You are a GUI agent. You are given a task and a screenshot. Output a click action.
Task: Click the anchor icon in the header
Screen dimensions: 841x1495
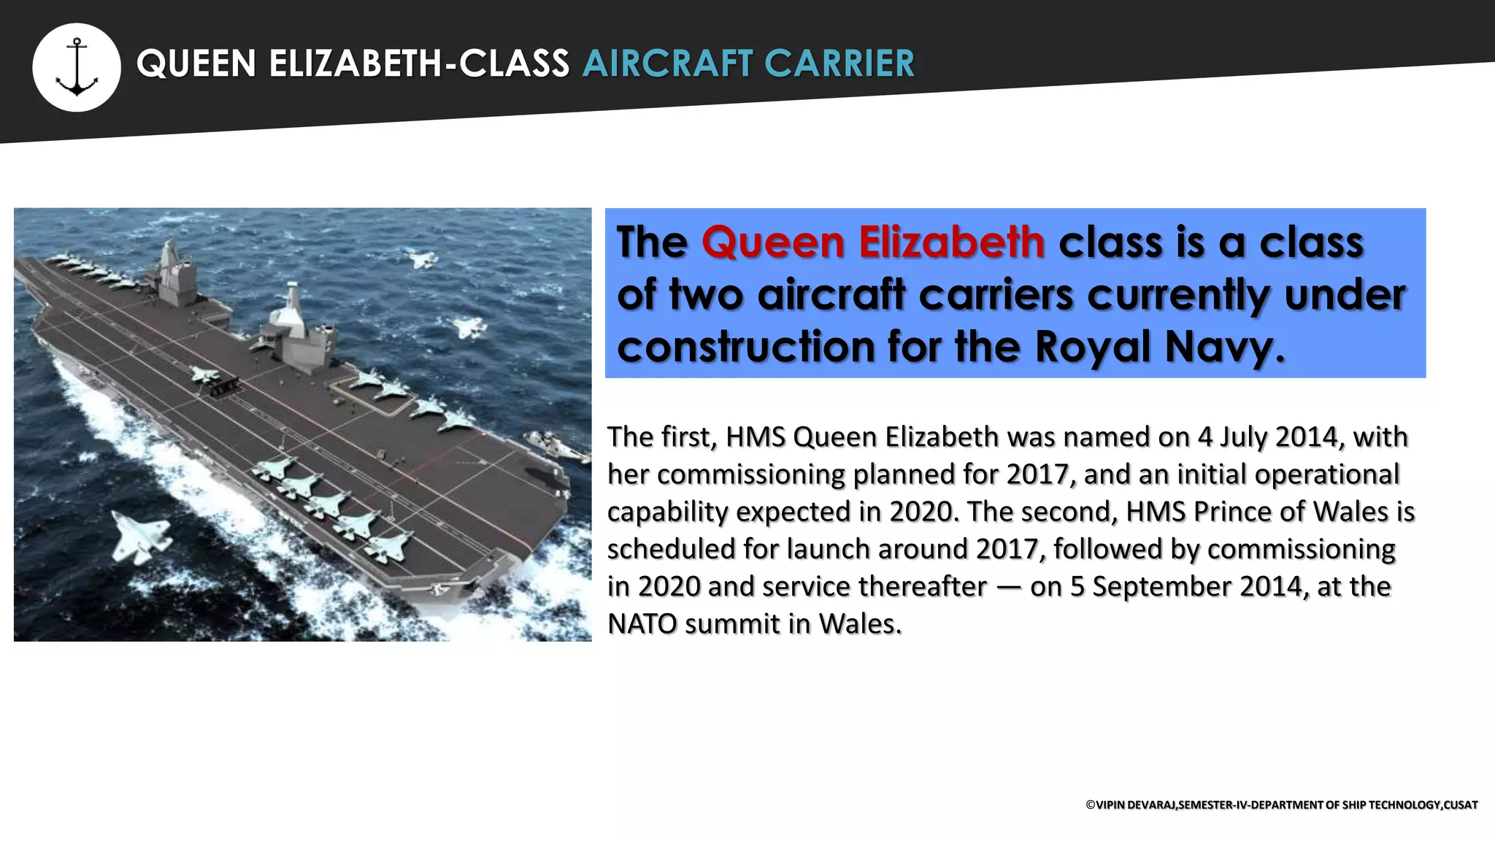coord(77,67)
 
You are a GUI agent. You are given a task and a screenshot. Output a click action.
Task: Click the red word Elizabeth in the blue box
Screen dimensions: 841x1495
coord(951,242)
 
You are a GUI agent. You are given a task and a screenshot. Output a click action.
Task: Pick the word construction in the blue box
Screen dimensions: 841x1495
coord(745,347)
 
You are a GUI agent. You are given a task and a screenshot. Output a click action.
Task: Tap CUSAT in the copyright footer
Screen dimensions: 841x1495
coord(1461,804)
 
